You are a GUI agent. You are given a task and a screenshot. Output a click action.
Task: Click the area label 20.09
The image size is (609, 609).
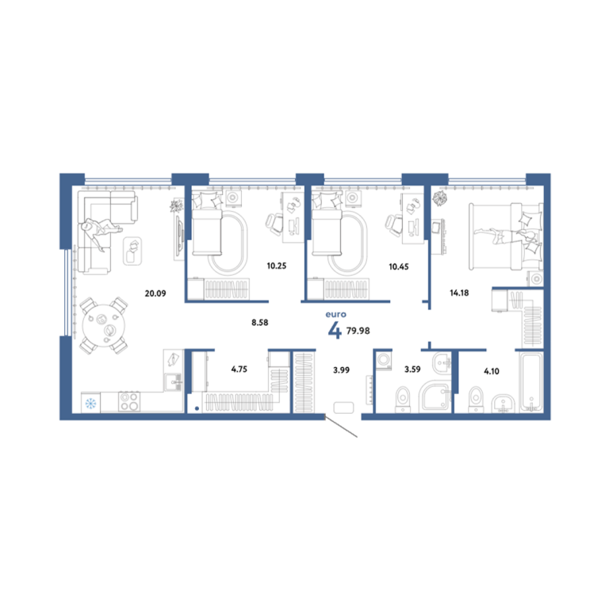(155, 293)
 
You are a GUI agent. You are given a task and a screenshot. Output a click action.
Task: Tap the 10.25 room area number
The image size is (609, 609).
(277, 266)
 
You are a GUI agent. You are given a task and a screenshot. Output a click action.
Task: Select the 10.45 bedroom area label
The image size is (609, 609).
(399, 266)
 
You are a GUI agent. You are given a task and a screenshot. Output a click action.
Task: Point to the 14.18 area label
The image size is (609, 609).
(459, 293)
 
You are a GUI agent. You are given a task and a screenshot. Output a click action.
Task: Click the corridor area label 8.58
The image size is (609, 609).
(260, 323)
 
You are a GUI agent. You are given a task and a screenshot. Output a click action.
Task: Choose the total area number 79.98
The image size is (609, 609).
(358, 331)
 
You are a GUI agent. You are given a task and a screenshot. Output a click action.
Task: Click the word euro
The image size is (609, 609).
(336, 314)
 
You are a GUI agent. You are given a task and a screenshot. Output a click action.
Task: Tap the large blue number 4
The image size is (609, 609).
(335, 331)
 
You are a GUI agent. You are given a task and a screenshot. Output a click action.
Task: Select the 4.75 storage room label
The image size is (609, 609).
(239, 369)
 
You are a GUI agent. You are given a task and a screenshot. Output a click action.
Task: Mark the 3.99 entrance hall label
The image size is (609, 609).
(342, 370)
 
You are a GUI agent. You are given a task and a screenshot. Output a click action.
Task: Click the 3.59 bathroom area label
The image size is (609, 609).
(412, 369)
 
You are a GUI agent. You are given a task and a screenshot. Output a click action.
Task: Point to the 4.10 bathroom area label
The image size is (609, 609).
(492, 371)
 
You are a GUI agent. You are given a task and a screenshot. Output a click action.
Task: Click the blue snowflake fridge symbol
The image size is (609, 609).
(90, 404)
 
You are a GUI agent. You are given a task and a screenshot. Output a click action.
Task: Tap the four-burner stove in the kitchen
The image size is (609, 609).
(129, 401)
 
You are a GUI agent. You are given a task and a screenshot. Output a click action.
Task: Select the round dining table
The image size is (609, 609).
(104, 325)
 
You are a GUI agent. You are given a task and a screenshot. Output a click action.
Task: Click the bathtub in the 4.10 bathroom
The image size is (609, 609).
(531, 381)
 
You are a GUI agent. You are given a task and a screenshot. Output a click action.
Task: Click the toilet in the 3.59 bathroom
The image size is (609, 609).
(403, 399)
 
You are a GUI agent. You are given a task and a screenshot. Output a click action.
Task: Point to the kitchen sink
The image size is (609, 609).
(173, 382)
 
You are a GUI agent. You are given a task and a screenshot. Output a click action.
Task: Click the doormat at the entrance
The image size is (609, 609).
(343, 408)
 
